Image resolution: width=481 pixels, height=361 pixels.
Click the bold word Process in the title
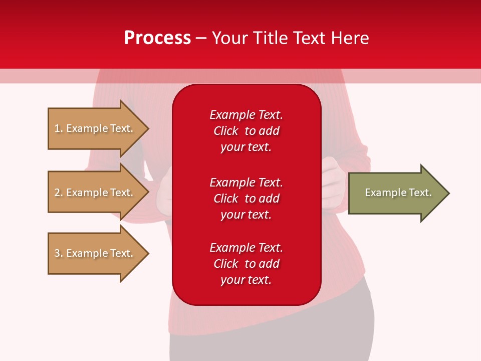click(157, 38)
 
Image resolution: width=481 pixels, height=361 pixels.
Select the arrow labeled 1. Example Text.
click(95, 128)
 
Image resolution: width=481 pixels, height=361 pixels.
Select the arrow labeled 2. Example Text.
click(95, 193)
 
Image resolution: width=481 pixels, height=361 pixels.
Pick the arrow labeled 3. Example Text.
click(95, 253)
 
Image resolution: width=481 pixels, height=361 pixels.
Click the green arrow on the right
click(396, 193)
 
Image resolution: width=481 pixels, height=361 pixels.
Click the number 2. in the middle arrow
click(59, 193)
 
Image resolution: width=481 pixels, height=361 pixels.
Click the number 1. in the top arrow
click(59, 128)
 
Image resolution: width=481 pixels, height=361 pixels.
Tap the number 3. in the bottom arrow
click(59, 253)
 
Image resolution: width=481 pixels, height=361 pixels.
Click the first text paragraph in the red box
click(246, 131)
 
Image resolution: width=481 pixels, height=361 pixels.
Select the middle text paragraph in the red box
click(246, 199)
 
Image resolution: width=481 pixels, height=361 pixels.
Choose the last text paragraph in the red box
click(246, 264)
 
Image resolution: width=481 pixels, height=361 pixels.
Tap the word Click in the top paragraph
click(225, 131)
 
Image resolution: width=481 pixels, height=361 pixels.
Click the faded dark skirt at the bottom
click(271, 341)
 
